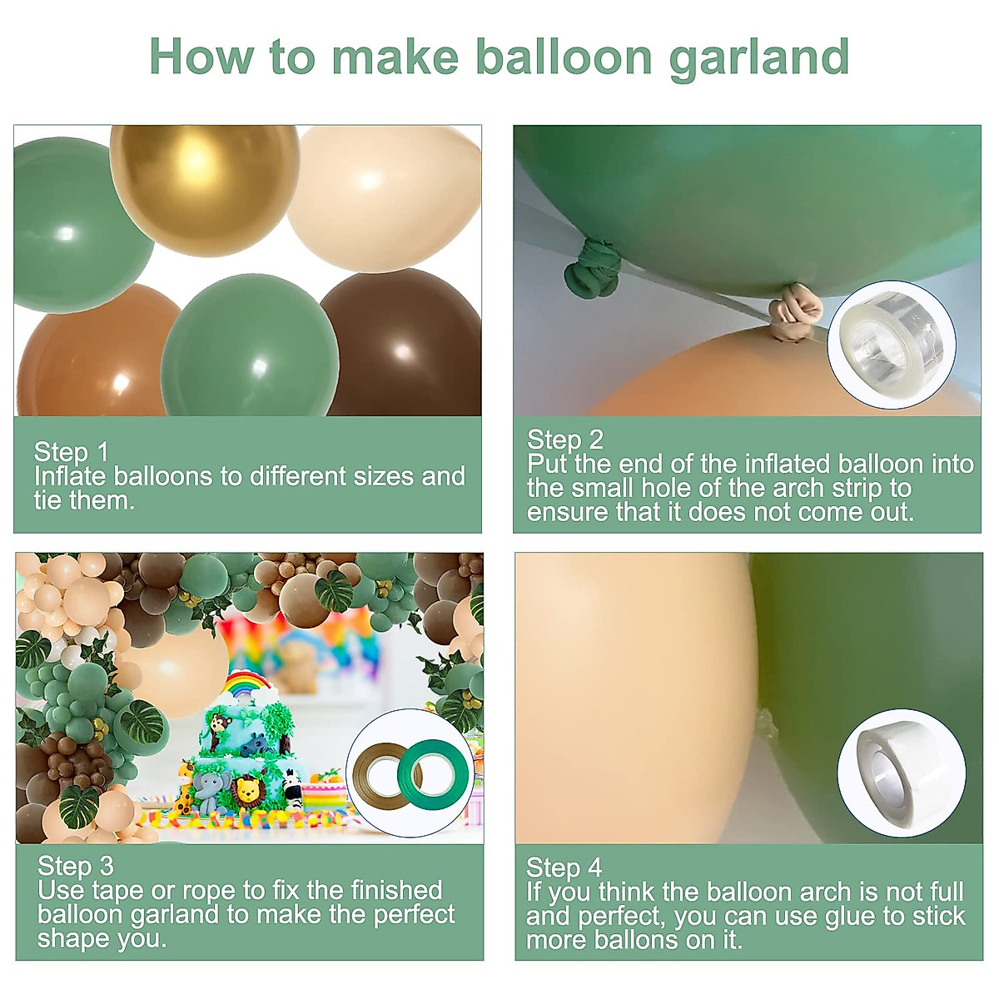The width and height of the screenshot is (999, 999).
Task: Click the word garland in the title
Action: pos(758,58)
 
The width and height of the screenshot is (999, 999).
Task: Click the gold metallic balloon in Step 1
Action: pos(204,187)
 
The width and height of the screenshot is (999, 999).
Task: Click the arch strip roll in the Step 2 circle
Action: pos(890,341)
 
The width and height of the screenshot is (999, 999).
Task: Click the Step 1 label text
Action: pos(72,452)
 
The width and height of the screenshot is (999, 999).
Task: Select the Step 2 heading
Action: pos(565,440)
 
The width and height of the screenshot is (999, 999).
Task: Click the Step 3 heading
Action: pos(76,866)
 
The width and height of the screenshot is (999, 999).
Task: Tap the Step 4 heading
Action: pos(564,867)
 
